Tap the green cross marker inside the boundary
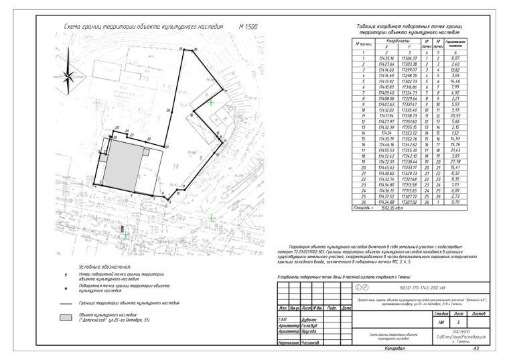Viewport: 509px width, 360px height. coord(210,103)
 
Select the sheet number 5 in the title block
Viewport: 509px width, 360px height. coord(458,322)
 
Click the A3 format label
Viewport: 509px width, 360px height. coord(476,349)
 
